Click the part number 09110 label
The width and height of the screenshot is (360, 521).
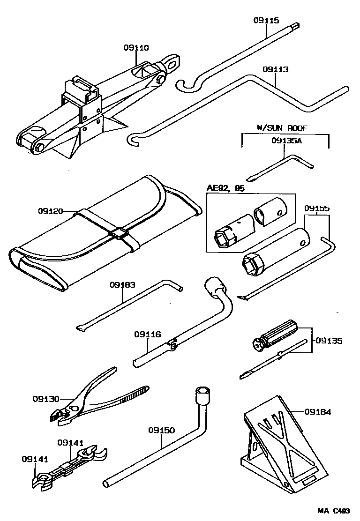(x=136, y=48)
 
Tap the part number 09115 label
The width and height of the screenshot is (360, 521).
(x=266, y=20)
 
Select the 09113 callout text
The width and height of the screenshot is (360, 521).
(x=276, y=69)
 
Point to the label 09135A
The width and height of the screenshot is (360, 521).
(x=284, y=140)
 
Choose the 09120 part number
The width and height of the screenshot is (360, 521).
(x=51, y=211)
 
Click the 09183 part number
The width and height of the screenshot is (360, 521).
(x=122, y=284)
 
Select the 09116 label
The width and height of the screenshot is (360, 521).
(x=147, y=335)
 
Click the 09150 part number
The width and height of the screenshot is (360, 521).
(x=162, y=430)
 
